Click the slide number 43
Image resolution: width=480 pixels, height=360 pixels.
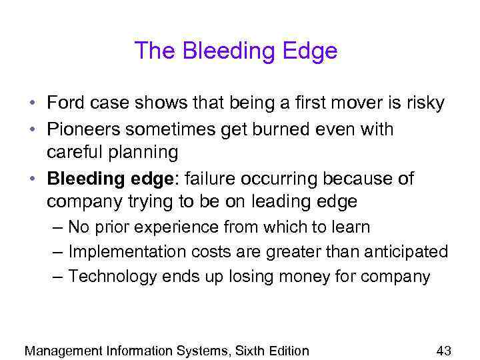444,350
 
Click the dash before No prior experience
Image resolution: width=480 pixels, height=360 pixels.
57,227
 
